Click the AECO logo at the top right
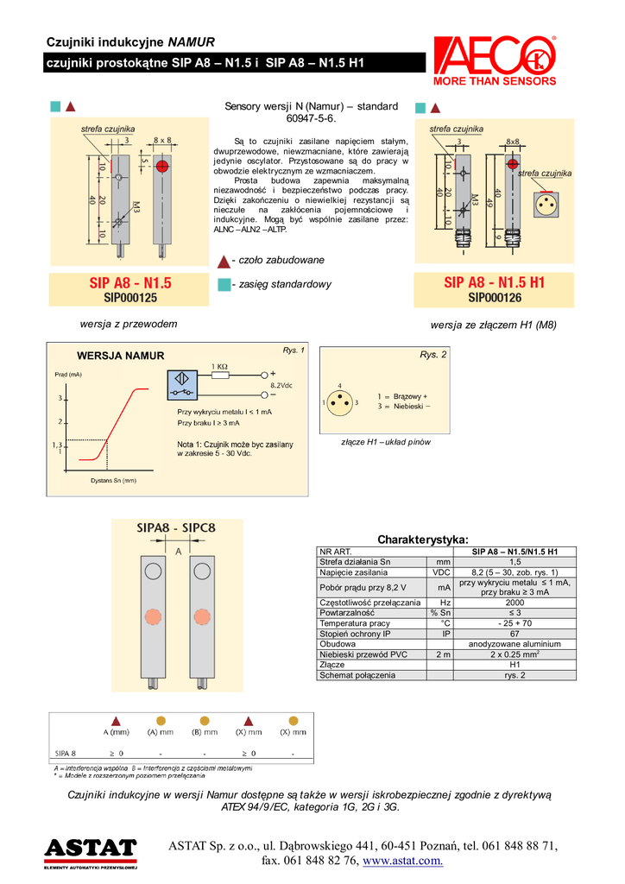pos(495,60)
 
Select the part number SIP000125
pos(130,297)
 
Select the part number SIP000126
pos(495,298)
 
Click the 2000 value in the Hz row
pos(515,603)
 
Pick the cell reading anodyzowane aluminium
pos(515,644)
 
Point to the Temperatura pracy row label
pos(355,623)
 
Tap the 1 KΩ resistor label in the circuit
pos(220,366)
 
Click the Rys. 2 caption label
pos(433,355)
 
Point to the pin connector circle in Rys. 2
pos(339,402)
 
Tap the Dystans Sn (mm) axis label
pos(114,480)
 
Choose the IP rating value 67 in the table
pos(515,634)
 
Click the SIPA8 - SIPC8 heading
pos(177,527)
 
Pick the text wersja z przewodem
pos(129,324)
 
